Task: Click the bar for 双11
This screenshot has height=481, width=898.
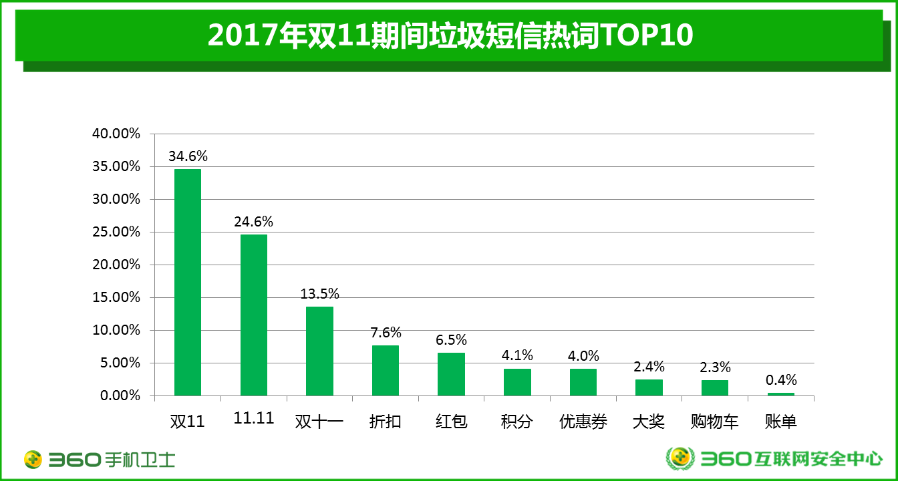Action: [187, 282]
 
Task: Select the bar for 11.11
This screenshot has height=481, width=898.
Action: [253, 315]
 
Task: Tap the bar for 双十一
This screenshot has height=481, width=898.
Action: [319, 351]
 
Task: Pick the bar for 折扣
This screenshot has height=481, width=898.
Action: [385, 370]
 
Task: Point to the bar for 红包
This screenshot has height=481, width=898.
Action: [451, 374]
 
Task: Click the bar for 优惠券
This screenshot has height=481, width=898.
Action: [583, 382]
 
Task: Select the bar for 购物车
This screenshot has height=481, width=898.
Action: [714, 387]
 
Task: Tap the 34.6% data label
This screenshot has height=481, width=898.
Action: [188, 156]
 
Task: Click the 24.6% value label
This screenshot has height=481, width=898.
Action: [253, 222]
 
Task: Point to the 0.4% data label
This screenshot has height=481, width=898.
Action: [781, 380]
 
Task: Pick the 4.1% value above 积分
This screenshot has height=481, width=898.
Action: [517, 355]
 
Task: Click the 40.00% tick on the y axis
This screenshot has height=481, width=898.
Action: [116, 134]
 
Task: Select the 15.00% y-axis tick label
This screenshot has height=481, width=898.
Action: [116, 297]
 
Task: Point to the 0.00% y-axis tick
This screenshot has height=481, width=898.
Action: [120, 395]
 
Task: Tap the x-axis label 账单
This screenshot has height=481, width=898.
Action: [780, 422]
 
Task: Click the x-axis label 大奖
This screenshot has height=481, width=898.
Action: [649, 422]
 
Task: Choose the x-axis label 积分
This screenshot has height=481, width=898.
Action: [517, 422]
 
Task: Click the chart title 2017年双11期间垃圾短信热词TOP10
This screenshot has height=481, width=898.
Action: [450, 35]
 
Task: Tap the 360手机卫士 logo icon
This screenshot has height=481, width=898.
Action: [33, 459]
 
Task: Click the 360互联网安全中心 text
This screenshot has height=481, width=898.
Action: [791, 459]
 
